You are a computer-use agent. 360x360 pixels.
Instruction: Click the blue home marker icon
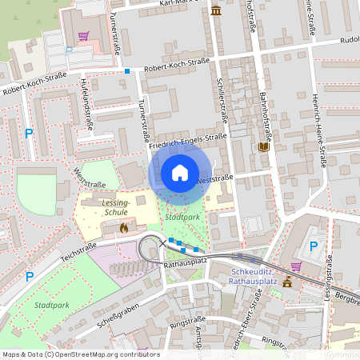(x=180, y=173)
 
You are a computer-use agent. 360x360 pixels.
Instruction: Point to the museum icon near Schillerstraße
(x=216, y=10)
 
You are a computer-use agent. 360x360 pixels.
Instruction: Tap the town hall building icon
(x=286, y=282)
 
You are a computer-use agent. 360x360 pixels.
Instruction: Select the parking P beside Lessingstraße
(x=314, y=246)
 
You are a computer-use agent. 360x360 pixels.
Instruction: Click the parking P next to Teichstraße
(x=30, y=277)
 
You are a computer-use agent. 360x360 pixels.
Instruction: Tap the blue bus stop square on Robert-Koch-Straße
(x=126, y=71)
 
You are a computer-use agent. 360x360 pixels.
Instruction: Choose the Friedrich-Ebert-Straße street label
(x=235, y=328)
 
